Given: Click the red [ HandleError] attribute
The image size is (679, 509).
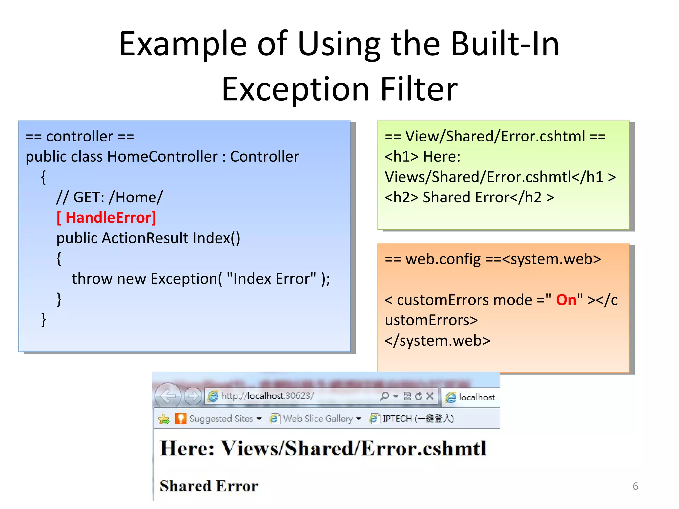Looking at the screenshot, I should click(106, 218).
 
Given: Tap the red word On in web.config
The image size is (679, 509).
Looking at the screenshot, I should click(566, 300).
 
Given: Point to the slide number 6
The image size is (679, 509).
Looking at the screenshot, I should click(635, 486).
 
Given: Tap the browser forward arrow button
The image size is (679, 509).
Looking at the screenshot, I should click(193, 396).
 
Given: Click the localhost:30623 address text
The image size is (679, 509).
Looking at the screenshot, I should click(268, 396).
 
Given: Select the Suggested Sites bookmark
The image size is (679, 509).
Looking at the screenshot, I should click(221, 419).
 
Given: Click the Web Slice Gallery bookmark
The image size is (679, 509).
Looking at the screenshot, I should click(318, 419).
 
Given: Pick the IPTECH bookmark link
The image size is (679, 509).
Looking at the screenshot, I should click(418, 419).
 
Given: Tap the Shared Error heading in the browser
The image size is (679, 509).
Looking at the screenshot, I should click(209, 486).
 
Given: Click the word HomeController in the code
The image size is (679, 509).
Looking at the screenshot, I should click(162, 156).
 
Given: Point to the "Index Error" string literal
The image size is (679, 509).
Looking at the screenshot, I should click(272, 279).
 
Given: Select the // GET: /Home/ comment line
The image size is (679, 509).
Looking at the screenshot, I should click(109, 198).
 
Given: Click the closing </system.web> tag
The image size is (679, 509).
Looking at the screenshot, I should click(437, 341).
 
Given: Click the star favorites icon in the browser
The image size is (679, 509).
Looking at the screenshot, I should click(164, 419).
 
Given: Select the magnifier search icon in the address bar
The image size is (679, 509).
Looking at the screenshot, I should click(384, 396).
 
